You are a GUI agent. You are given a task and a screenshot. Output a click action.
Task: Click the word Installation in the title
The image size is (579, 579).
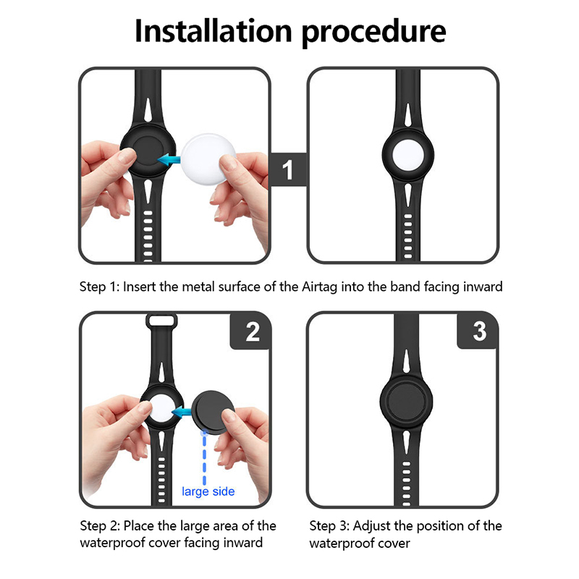[x=214, y=31]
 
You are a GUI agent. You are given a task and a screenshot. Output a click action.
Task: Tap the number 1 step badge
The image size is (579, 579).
[x=288, y=169]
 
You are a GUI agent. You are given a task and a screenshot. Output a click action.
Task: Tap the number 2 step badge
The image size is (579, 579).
[x=253, y=331]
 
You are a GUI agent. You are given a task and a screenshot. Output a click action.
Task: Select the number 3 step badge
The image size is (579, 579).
[x=479, y=331]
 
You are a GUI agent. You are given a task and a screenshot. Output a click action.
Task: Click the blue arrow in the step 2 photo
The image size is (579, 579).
[x=182, y=412]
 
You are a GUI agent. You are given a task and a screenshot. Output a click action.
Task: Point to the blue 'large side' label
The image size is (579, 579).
[x=208, y=491]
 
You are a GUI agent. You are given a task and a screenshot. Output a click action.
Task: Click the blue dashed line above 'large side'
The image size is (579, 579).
[x=204, y=457]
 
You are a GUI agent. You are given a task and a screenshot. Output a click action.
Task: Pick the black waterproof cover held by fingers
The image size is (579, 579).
[x=214, y=412]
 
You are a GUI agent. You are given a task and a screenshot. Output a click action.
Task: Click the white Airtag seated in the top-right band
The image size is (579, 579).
[x=407, y=155]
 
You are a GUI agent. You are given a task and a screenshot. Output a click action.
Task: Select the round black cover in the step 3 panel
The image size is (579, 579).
[x=406, y=402]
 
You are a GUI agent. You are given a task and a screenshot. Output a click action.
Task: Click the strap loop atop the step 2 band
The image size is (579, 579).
[x=161, y=320]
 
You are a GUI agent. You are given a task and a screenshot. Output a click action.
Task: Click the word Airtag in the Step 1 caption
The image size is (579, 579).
[x=319, y=287]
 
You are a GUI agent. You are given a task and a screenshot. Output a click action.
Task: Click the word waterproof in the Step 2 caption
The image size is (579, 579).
[x=112, y=544]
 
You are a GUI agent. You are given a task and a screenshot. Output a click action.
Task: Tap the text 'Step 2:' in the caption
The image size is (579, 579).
[x=100, y=526]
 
